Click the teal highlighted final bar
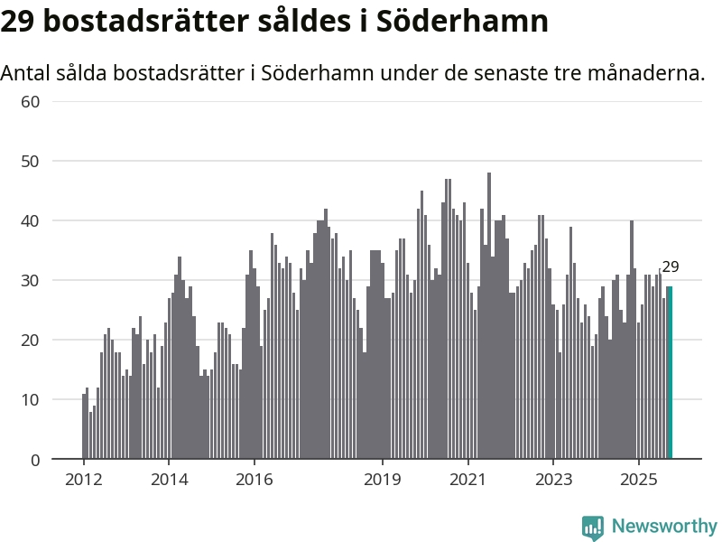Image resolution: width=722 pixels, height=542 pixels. tap(670, 372)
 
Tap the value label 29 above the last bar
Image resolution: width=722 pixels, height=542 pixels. tap(670, 266)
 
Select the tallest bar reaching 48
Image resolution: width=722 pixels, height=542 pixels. tap(489, 316)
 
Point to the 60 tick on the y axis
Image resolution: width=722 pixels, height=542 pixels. tap(31, 101)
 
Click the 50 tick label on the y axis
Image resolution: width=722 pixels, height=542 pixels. tap(31, 161)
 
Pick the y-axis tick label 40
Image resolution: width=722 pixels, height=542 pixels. tap(31, 220)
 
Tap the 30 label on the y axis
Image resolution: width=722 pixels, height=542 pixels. tap(31, 280)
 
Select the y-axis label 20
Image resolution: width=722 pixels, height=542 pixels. tap(31, 340)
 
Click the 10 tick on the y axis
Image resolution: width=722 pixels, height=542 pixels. tap(31, 399)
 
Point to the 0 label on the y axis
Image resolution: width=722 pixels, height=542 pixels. tap(35, 460)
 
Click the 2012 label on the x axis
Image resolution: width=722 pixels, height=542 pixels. tap(83, 479)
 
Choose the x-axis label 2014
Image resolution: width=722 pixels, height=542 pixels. tap(169, 479)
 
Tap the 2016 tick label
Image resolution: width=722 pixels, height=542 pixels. tap(255, 479)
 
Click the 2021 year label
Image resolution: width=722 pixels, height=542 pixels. tap(468, 479)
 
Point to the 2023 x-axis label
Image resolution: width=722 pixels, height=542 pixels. tap(554, 479)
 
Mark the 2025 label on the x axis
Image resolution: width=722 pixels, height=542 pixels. tap(639, 479)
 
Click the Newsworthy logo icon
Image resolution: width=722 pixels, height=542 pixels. tap(593, 527)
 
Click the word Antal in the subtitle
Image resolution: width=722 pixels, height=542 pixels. tap(26, 72)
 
